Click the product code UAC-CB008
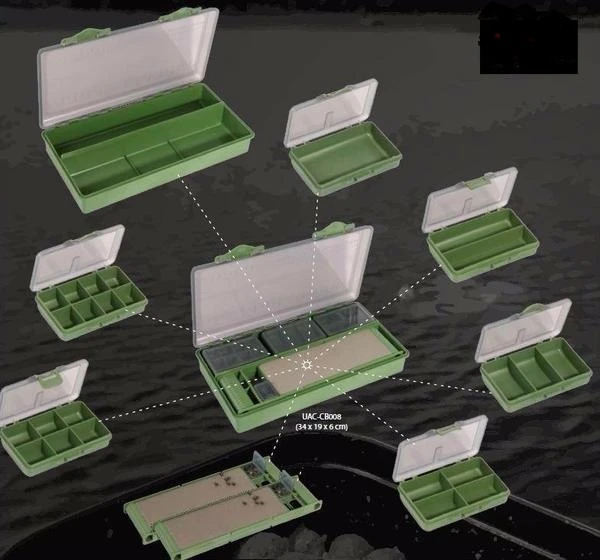[321, 417]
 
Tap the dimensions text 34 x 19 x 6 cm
[321, 426]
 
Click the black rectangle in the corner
[529, 43]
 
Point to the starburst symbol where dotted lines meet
[306, 365]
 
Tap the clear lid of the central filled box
[282, 285]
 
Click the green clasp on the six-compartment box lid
[50, 378]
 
